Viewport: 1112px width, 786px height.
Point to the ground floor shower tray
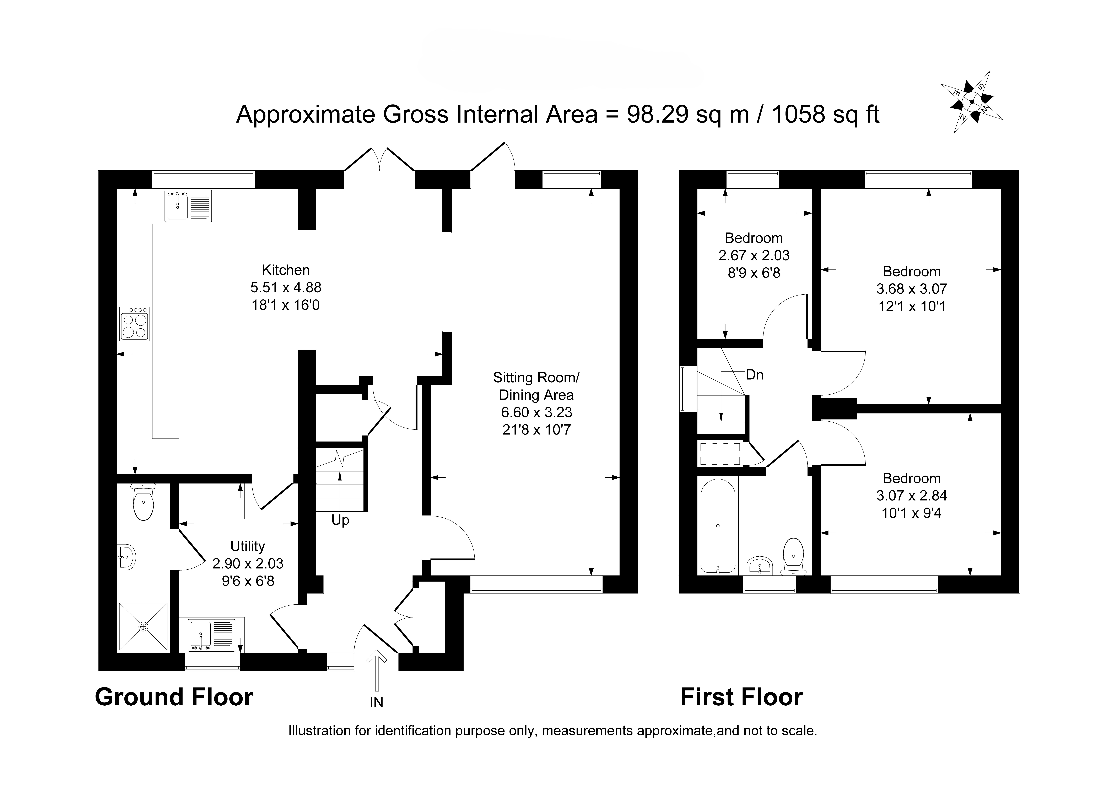tap(143, 627)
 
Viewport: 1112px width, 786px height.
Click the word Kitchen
tap(286, 270)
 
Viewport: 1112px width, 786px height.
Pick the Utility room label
tap(248, 546)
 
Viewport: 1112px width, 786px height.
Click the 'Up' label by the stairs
tap(340, 520)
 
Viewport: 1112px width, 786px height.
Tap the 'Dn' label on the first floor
tap(755, 375)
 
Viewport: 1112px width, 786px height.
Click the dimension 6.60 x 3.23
tap(536, 412)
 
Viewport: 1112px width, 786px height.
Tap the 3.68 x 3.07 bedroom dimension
tap(912, 289)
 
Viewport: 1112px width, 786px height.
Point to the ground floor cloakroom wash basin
tap(126, 557)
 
